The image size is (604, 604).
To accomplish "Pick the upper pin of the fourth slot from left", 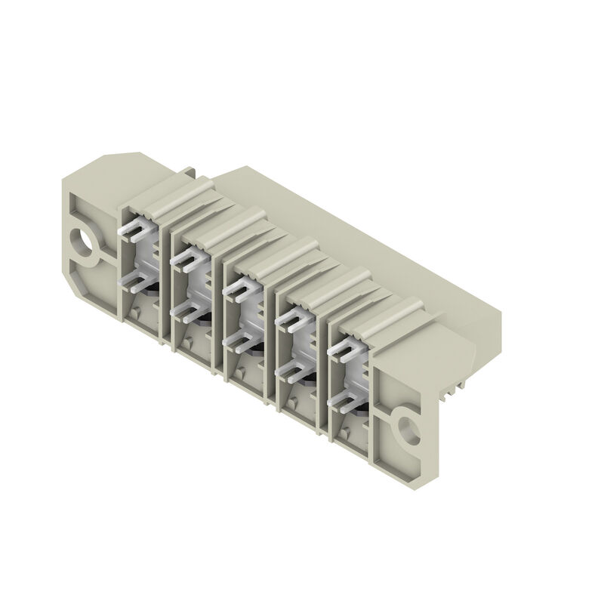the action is [291, 321].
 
